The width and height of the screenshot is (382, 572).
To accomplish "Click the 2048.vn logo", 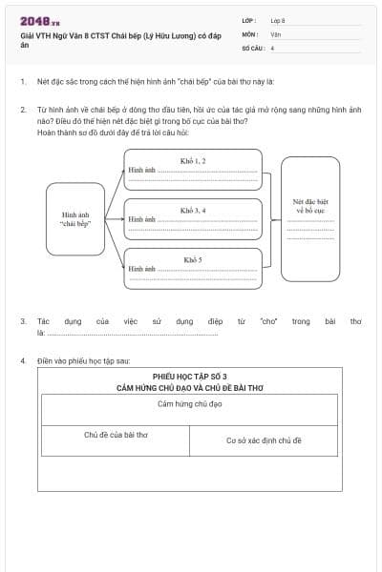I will [40, 20].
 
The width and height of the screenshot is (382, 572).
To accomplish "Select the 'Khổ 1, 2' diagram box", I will [193, 169].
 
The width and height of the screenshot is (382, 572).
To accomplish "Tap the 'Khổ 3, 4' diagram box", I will [193, 218].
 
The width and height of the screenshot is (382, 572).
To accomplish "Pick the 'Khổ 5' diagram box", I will [193, 269].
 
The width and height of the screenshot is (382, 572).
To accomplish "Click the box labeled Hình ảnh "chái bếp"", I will [75, 219].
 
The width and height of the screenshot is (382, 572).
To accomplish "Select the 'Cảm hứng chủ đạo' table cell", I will [189, 405].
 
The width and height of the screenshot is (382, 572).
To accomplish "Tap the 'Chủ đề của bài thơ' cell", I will [116, 435].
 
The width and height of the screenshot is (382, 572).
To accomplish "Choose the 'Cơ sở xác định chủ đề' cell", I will [264, 440].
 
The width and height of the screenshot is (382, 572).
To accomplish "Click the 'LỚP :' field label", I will [249, 20].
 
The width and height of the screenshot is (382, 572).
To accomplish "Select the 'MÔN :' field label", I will [250, 33].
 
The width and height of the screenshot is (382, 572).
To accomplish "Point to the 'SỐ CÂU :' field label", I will [252, 47].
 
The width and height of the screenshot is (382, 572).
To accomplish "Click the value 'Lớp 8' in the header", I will [278, 20].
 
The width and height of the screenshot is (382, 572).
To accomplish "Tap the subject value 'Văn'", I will [275, 33].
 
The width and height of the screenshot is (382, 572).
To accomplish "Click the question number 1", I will [22, 82].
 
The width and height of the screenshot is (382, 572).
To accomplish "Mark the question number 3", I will [22, 321].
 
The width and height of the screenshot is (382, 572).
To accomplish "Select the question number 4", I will [22, 361].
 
